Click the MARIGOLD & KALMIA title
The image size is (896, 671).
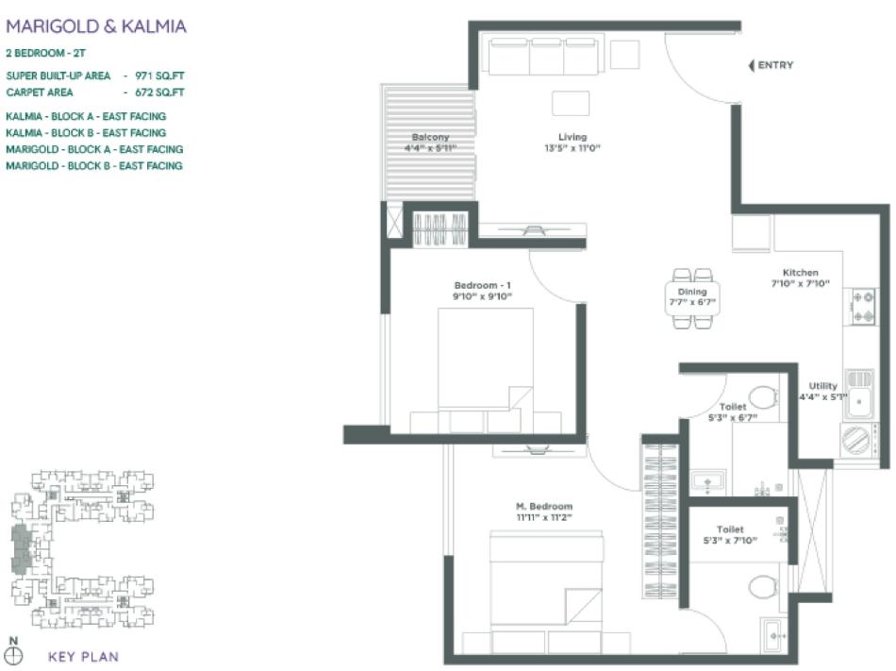96,26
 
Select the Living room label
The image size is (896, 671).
572,143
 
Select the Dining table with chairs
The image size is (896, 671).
696,298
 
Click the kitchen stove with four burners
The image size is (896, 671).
863,307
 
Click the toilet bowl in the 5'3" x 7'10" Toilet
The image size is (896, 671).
762,588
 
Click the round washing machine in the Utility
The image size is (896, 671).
855,440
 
